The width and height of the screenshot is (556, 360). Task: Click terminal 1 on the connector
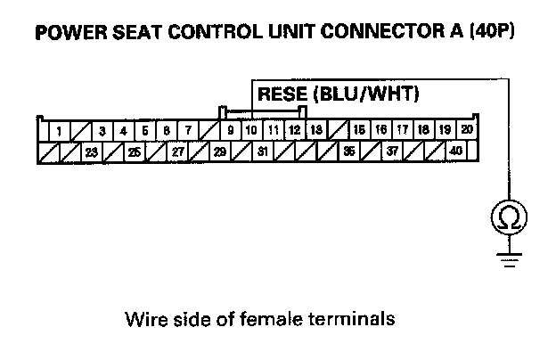(58, 131)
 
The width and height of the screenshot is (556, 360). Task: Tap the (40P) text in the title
(494, 34)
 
